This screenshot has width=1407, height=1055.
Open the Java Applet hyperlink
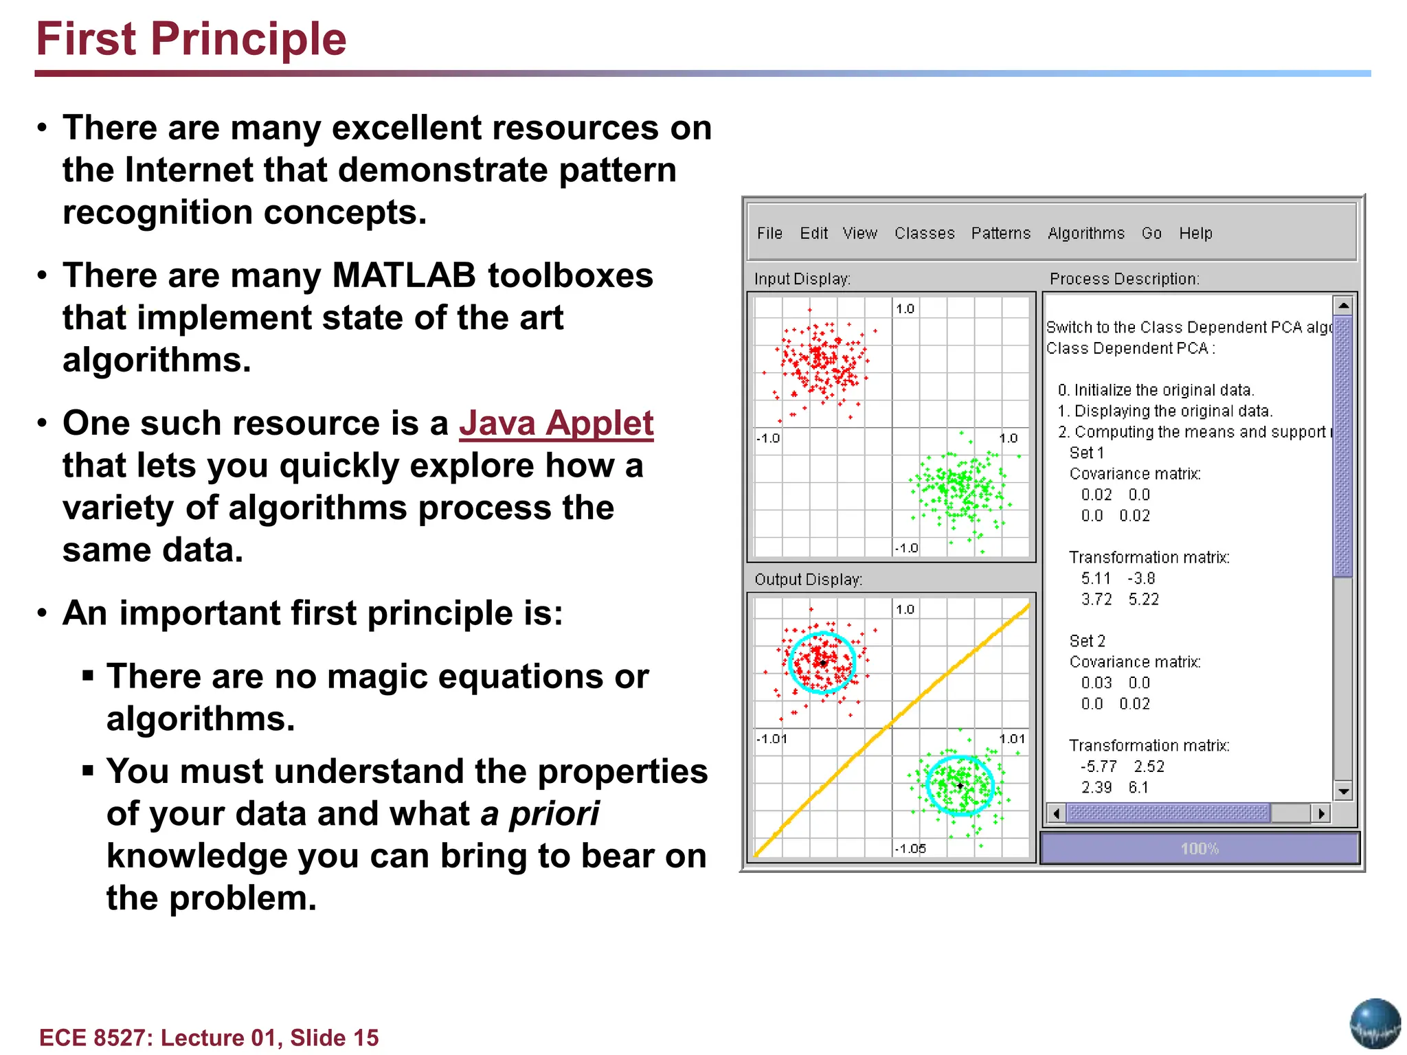pos(556,423)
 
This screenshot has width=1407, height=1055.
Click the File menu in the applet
pos(769,234)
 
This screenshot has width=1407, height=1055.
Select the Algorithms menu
pos(1085,234)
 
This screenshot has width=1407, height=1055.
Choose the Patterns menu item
pos(1000,234)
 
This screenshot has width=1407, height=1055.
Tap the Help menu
pos(1195,234)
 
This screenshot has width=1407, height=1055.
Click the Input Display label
pos(802,279)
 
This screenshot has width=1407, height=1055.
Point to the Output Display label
pos(808,580)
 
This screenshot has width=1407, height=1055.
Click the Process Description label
pos(1124,279)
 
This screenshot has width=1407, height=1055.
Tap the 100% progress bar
pos(1200,849)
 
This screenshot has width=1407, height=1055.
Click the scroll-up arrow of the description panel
pos(1343,305)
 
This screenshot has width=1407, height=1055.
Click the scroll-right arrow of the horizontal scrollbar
pos(1321,814)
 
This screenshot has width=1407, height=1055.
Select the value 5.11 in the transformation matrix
pos(1096,578)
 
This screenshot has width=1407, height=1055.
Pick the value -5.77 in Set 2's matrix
pos(1099,767)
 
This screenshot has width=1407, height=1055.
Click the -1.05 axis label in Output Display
pos(910,849)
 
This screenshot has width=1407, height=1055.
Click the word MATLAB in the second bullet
pos(403,276)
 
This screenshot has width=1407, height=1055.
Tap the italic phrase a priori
pos(539,814)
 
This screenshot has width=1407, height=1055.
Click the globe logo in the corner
pos(1375,1023)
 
